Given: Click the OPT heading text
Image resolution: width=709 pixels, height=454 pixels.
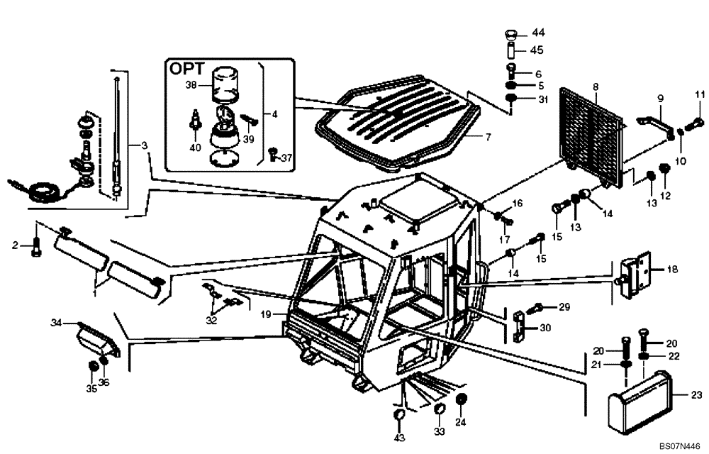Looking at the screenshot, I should pos(186,70).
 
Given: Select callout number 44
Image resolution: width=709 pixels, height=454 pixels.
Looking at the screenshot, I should pos(539,33).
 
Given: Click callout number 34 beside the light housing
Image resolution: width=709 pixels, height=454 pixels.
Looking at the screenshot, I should pos(56,324).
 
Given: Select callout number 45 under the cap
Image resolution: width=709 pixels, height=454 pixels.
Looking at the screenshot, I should pos(539,50).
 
